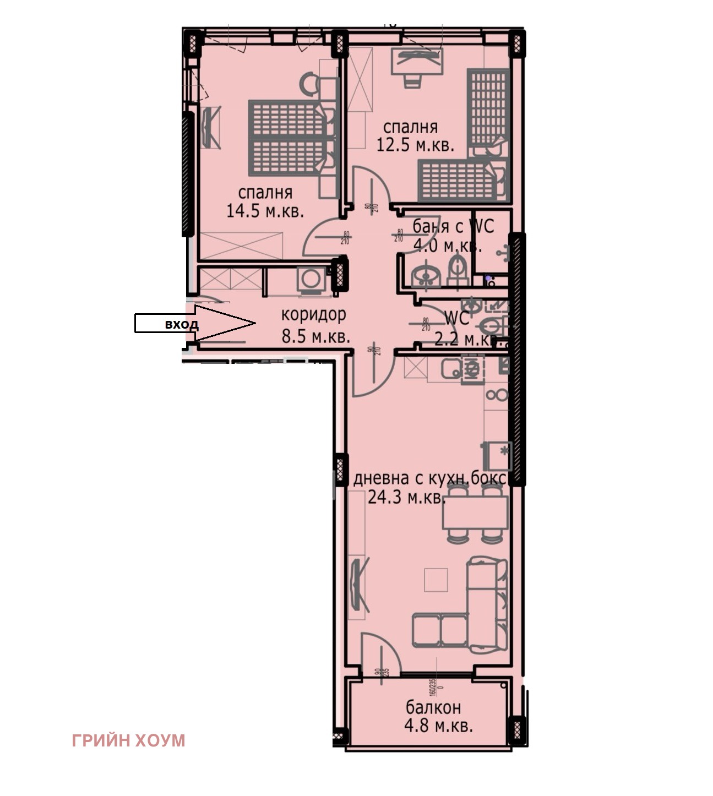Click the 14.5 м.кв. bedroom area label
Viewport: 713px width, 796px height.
265,211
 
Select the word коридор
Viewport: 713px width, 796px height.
313,314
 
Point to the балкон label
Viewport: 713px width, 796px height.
433,706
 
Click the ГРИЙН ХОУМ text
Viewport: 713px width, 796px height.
128,740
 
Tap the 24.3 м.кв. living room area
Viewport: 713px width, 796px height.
406,498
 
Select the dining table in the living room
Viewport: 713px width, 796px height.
475,512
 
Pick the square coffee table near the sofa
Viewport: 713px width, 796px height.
436,580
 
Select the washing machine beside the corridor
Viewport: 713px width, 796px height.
311,279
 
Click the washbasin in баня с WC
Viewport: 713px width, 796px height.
424,275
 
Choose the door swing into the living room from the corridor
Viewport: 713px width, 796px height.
372,374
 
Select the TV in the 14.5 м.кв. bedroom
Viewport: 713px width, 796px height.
209,127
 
